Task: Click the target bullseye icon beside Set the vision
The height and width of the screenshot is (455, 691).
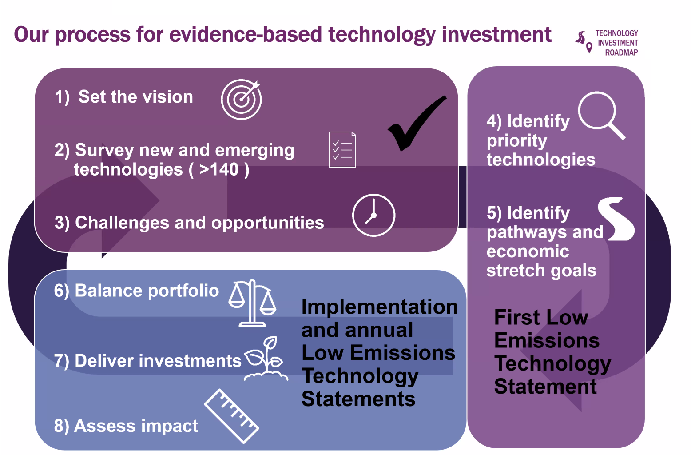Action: coord(241,99)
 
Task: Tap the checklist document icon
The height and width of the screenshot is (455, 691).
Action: coord(342,149)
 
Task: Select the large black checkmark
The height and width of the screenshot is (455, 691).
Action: coord(417,124)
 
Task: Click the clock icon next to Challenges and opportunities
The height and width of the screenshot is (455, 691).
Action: coord(373,215)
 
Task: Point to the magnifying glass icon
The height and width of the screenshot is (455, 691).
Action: coord(601,115)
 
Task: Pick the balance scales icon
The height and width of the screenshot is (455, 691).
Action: coord(252,303)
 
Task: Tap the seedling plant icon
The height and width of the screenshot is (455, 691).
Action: coord(266,359)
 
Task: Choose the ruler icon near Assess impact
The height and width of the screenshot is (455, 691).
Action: coord(231,416)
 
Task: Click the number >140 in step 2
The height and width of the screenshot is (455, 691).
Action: coord(219,169)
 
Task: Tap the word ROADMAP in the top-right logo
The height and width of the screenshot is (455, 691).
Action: coord(621,52)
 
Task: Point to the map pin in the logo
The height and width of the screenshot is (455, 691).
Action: coord(589,48)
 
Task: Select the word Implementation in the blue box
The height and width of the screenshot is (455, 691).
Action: coord(380,307)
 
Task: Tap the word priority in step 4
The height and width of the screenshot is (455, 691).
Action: coord(517,141)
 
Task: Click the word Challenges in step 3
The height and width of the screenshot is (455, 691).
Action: coord(122,223)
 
